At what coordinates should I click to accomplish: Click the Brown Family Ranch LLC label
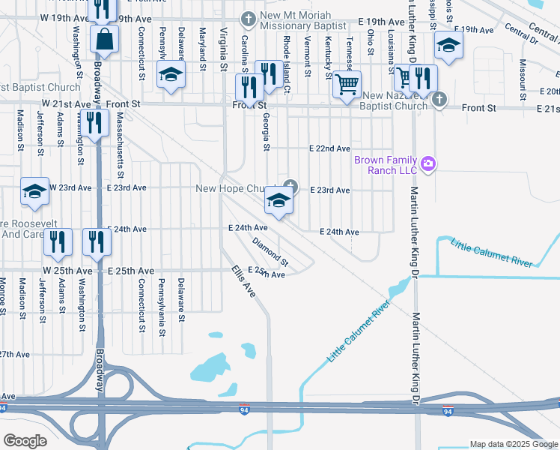(385, 164)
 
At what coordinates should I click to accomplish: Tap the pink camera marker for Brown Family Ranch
(428, 163)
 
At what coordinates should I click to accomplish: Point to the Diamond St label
(270, 252)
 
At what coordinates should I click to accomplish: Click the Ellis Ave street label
(243, 280)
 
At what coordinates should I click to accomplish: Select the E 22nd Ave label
(329, 149)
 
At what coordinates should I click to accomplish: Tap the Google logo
(25, 441)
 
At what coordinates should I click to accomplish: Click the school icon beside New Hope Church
(278, 200)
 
